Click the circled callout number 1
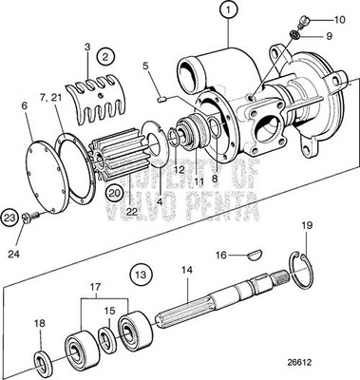228,12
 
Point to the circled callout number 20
114,193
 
